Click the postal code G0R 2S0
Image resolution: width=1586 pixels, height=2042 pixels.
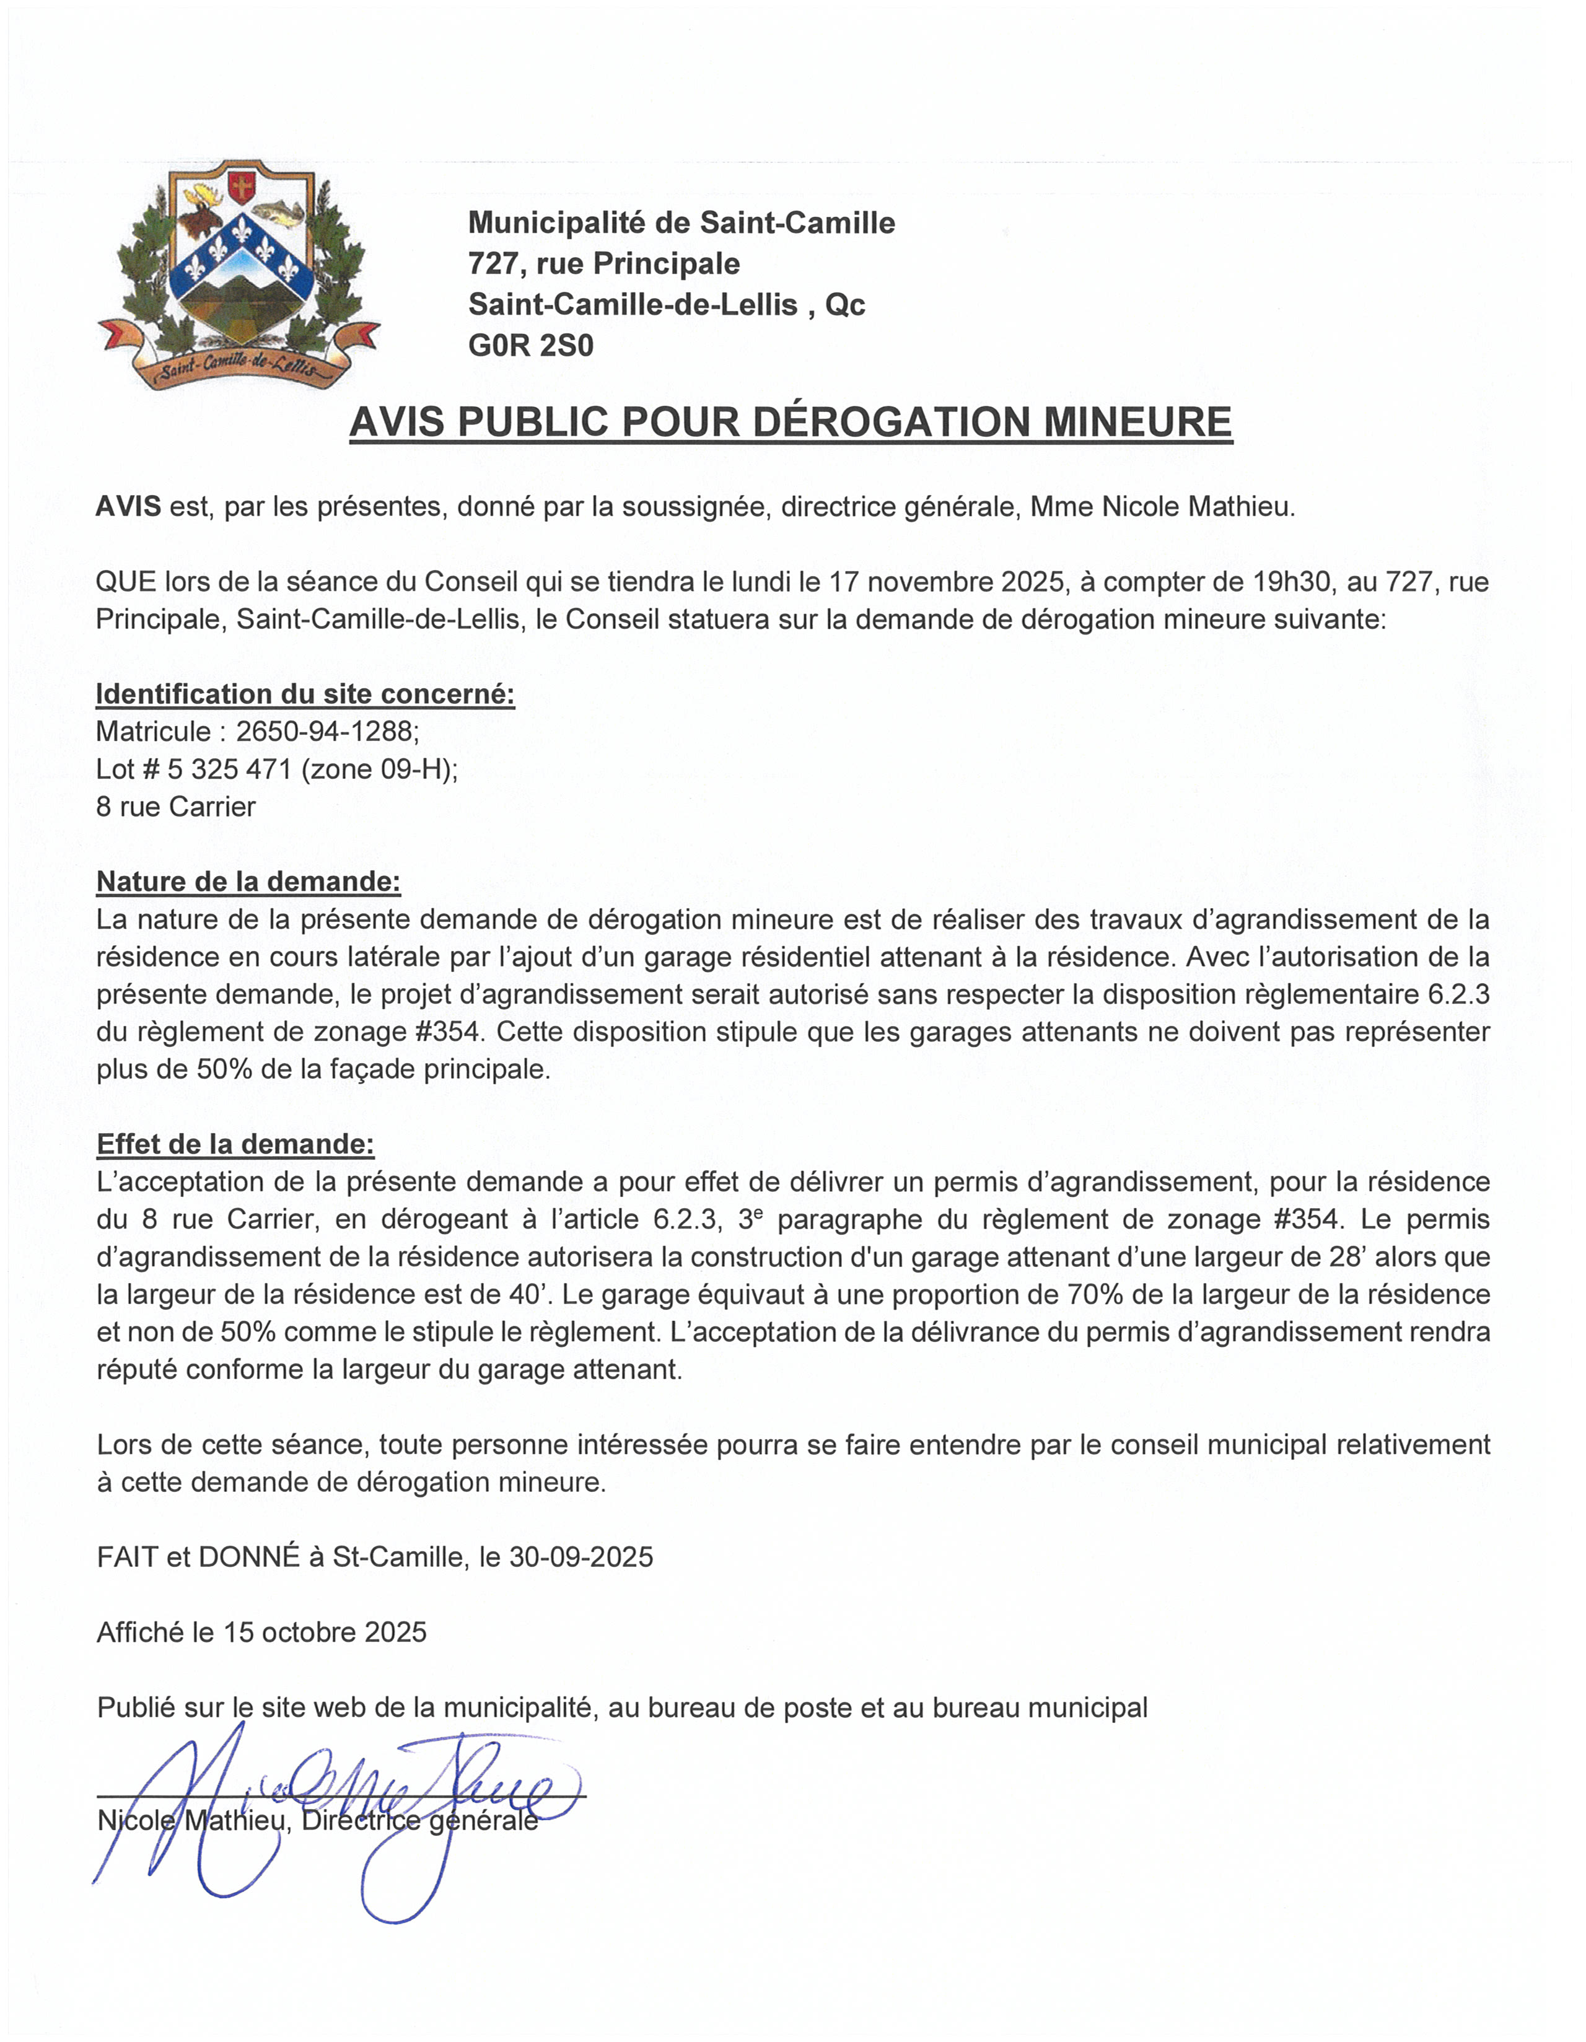click(x=530, y=346)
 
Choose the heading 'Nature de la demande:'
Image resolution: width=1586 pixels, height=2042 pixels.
click(x=249, y=882)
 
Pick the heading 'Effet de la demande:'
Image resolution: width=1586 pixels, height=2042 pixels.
click(x=235, y=1144)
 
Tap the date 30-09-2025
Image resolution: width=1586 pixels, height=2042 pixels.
click(x=581, y=1557)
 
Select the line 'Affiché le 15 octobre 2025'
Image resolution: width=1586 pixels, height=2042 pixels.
click(x=262, y=1632)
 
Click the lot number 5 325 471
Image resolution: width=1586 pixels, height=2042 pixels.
click(x=229, y=769)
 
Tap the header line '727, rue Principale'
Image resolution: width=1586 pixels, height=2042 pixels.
click(x=603, y=264)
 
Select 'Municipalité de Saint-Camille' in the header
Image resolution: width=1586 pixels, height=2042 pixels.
click(x=681, y=222)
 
